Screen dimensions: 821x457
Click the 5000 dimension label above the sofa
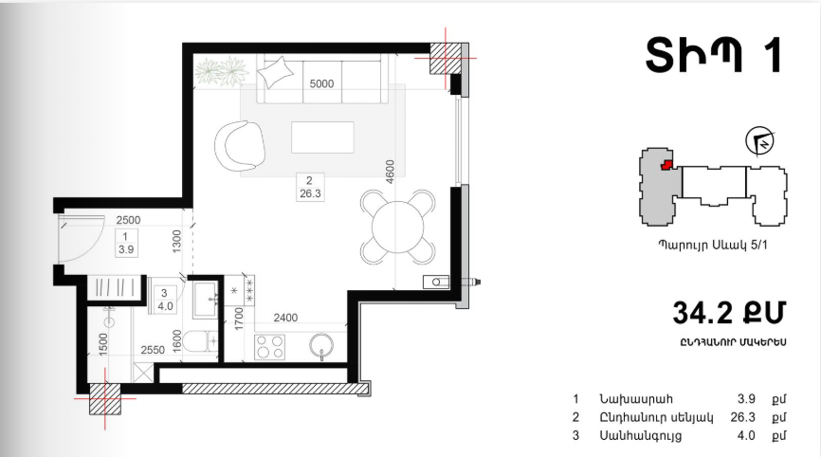point(321,83)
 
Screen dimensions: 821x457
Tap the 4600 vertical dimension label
point(390,172)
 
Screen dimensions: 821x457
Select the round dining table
point(398,228)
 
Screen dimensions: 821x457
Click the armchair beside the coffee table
point(239,146)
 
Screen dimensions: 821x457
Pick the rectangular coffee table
point(322,137)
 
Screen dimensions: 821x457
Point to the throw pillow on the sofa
point(276,73)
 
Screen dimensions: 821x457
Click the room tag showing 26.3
point(310,188)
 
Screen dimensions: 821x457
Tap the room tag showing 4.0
point(166,300)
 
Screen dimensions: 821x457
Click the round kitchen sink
point(321,346)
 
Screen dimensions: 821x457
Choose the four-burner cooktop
point(269,347)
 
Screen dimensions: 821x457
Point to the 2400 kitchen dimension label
point(285,318)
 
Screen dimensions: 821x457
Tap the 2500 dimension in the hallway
point(128,220)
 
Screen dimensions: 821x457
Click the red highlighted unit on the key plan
point(666,165)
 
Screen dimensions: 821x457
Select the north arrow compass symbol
point(759,141)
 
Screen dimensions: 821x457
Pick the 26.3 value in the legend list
point(742,417)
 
